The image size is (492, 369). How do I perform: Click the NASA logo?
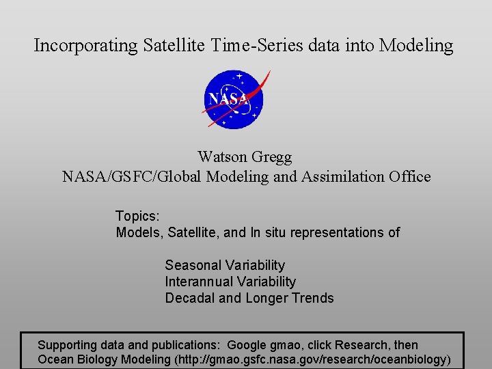coord(234,99)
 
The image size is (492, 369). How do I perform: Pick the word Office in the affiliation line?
coord(410,177)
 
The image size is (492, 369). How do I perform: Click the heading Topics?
coord(137,216)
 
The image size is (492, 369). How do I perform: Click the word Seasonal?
coord(194,265)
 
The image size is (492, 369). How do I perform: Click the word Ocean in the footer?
coord(54,359)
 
